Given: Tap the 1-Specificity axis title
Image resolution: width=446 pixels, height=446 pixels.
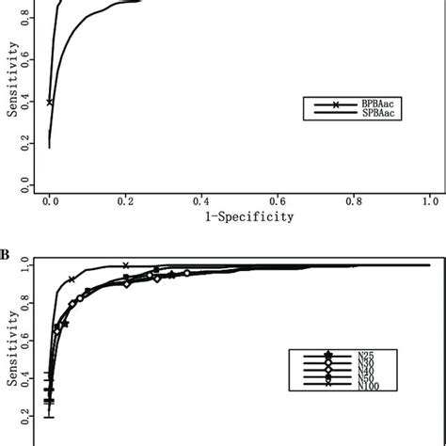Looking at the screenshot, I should pos(240,215).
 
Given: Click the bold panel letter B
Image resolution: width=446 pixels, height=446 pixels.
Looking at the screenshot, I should pos(6,254).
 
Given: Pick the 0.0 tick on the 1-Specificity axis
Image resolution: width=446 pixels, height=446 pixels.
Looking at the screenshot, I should pos(50,199).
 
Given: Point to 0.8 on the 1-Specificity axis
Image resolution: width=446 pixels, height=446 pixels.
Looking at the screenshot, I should pos(354,199).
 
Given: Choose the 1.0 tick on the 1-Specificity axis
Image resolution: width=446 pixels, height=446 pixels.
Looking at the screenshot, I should pos(430,199).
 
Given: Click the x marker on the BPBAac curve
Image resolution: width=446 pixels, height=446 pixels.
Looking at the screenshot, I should pos(50,103).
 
